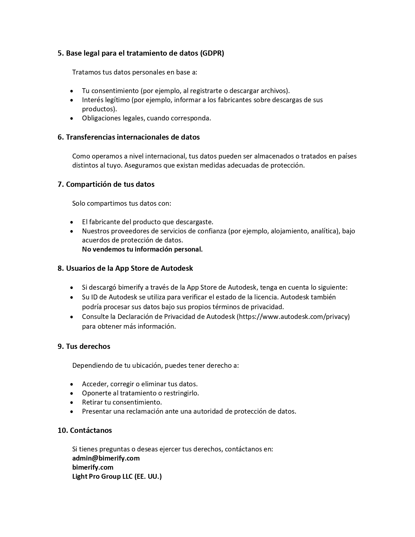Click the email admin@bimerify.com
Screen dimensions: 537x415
click(x=106, y=458)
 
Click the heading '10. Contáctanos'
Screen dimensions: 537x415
click(x=85, y=430)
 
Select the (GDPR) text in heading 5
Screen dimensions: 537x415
click(x=212, y=53)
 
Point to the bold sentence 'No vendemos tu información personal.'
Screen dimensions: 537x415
click(x=142, y=249)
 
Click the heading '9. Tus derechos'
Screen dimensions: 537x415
click(x=84, y=346)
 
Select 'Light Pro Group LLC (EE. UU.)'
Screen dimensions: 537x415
click(x=117, y=476)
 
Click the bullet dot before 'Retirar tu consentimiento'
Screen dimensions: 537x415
click(x=72, y=403)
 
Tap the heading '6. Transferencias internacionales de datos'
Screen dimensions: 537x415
click(x=129, y=137)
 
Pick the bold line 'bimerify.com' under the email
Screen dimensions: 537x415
click(x=93, y=467)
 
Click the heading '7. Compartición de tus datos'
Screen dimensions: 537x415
click(x=106, y=184)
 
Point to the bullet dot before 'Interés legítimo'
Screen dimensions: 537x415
click(x=72, y=100)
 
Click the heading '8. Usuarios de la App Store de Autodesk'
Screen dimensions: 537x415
click(x=125, y=268)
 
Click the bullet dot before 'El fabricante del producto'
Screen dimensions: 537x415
click(x=72, y=222)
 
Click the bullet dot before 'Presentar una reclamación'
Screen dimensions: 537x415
click(x=72, y=412)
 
